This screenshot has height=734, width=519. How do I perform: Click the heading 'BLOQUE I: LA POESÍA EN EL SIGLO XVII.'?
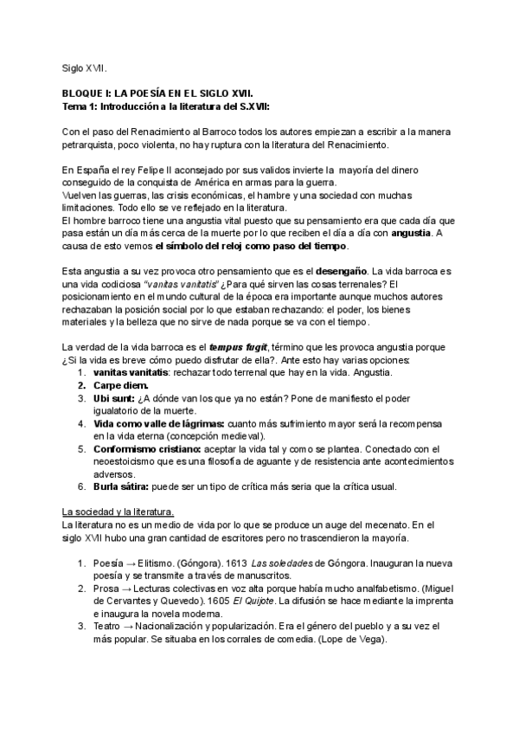click(x=158, y=92)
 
